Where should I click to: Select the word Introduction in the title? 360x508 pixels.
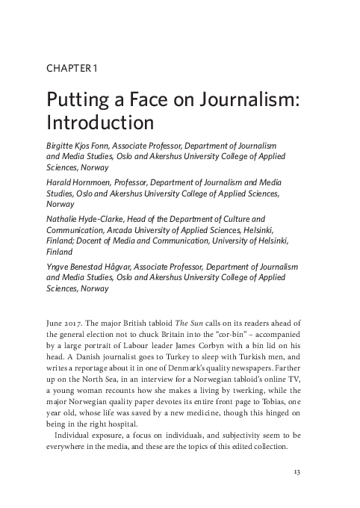click(x=99, y=121)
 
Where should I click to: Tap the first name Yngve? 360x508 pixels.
click(x=60, y=267)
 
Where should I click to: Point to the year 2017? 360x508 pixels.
click(x=77, y=322)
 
